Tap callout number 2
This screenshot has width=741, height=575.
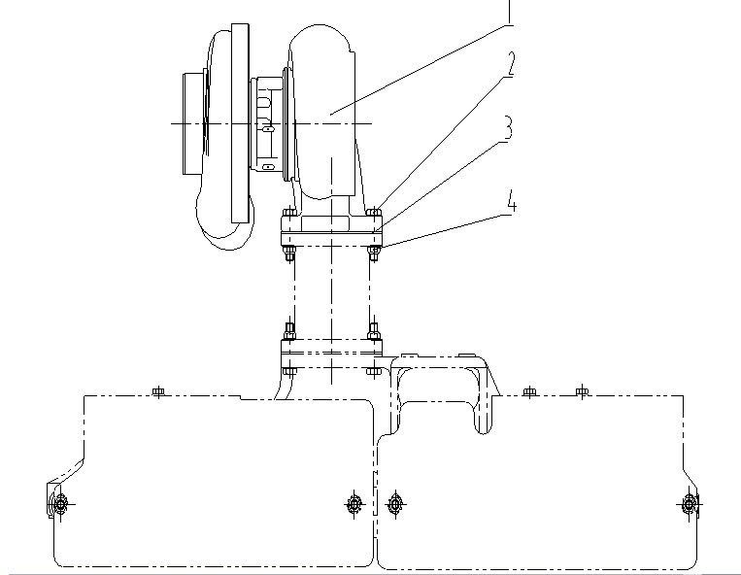coord(510,64)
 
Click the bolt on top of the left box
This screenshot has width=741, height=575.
coord(158,391)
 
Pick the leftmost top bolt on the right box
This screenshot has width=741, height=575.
coord(529,391)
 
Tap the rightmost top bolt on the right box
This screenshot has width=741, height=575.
coord(583,391)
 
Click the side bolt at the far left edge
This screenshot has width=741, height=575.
coord(60,504)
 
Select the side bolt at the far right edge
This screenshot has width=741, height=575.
coord(690,504)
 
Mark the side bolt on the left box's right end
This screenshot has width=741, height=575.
coord(354,504)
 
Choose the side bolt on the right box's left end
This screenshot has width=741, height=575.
coord(395,504)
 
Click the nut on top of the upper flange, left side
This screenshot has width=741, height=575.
coord(289,213)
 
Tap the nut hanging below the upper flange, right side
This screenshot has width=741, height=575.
coord(374,253)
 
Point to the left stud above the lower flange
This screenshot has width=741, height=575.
coord(289,331)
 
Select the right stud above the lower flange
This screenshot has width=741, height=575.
coord(374,331)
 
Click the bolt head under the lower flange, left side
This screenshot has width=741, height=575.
coord(289,371)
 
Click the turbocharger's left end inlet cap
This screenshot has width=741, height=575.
coord(194,123)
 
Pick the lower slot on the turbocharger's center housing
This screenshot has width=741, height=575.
coord(267,166)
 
